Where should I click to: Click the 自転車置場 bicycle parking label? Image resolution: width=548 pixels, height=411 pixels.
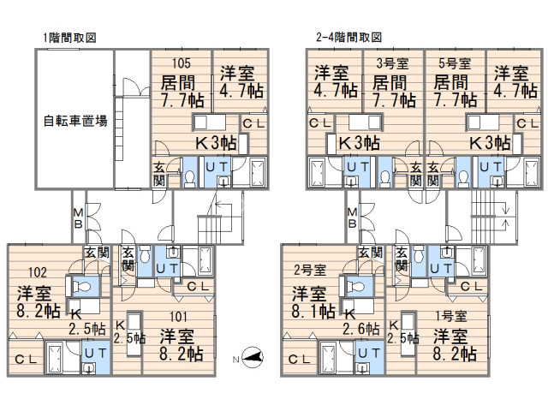coord(75,121)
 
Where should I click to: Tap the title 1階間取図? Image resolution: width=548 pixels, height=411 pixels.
coord(69,38)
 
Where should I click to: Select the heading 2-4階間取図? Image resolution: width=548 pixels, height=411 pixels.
coord(348,37)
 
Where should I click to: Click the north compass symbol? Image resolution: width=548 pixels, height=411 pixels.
coord(253,357)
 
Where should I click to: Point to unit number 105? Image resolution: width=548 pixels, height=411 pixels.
coord(182,63)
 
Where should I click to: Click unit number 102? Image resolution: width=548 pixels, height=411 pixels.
coord(38,272)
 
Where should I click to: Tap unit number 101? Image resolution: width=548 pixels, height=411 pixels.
coord(178,317)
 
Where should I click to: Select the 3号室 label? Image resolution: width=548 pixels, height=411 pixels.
coord(392,63)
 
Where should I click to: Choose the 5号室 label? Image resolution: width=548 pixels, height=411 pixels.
coord(455,63)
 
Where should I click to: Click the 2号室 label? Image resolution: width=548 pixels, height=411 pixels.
coord(310,270)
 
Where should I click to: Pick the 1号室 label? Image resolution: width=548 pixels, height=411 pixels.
coord(451,316)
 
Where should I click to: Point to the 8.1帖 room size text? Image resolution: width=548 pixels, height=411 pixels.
coord(313,311)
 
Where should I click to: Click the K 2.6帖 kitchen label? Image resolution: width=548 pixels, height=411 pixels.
coord(360,322)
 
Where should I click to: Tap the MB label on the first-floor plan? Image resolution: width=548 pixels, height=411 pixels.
coord(78,218)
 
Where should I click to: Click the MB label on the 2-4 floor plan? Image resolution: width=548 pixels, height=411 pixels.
coord(352,218)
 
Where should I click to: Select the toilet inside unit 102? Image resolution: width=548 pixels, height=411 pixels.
coord(81,287)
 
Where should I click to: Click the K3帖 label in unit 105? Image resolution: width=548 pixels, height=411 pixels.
coord(216,143)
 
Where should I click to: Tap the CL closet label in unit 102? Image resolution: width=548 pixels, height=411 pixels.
coord(26,359)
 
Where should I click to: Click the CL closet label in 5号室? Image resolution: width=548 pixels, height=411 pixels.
coord(527,123)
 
